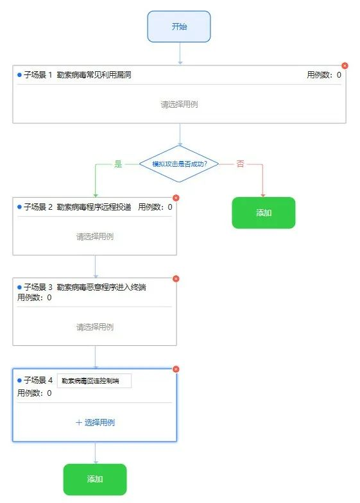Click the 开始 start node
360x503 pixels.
178,26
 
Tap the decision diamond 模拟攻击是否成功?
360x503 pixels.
179,164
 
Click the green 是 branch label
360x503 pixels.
118,164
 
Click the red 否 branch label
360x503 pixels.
240,164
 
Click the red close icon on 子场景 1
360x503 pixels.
345,65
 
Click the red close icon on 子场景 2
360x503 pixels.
176,198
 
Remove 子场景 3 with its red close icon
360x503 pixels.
176,278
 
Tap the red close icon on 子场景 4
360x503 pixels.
176,370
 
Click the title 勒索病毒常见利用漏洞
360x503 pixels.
94,74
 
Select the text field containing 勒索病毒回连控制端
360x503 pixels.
94,381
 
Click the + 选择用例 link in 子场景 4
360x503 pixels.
95,422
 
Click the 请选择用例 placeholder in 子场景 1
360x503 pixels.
179,104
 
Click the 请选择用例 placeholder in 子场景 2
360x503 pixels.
95,236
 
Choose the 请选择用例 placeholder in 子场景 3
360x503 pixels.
95,327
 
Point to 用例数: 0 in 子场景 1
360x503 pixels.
323,74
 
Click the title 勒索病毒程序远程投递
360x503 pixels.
94,207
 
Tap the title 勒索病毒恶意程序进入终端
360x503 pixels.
101,287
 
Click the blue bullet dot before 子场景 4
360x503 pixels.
19,380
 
